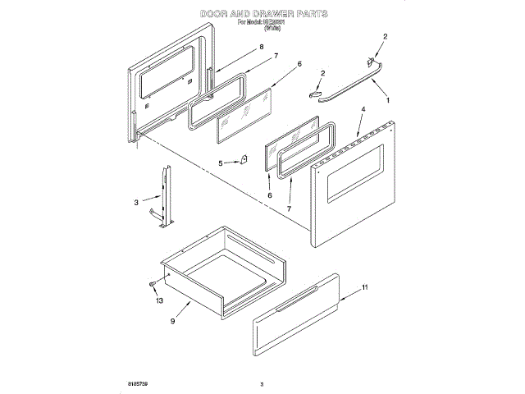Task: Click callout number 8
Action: click(261, 48)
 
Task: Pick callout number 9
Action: click(172, 320)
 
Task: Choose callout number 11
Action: click(366, 287)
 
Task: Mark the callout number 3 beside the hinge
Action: click(137, 201)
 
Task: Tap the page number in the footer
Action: click(262, 383)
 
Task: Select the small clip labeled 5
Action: click(243, 160)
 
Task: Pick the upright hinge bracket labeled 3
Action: click(168, 197)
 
